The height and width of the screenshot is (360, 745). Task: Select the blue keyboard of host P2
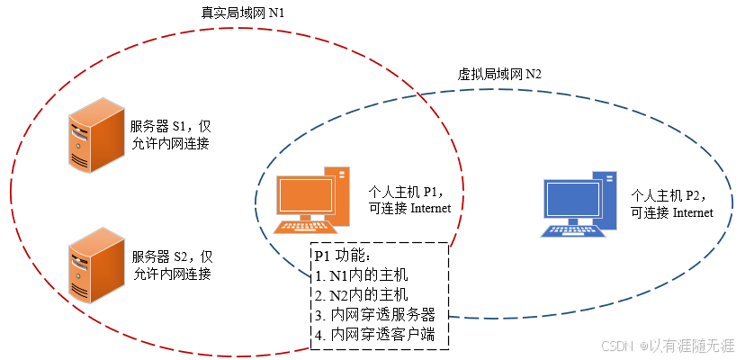pyautogui.click(x=572, y=229)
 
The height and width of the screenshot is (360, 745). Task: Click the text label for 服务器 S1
pyautogui.click(x=170, y=134)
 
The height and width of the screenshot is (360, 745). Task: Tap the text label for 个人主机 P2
pyautogui.click(x=672, y=203)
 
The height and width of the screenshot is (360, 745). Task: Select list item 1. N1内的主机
pyautogui.click(x=363, y=274)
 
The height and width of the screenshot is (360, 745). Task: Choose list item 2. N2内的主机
pyautogui.click(x=363, y=294)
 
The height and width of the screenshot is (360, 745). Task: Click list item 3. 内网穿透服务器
pyautogui.click(x=375, y=315)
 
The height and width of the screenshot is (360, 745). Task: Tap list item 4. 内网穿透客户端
pyautogui.click(x=375, y=335)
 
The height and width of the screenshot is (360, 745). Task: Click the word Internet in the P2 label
pyautogui.click(x=693, y=212)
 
